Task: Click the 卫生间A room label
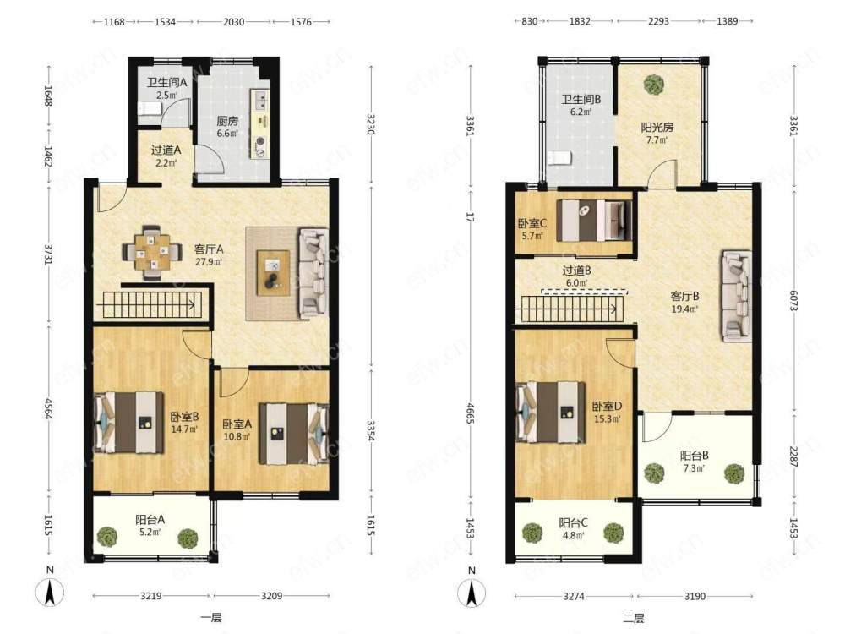(x=166, y=83)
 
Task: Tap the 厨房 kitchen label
(x=226, y=121)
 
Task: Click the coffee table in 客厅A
(x=273, y=273)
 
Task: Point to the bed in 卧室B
(x=128, y=422)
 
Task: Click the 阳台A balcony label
(x=150, y=520)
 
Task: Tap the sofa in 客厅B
(x=737, y=296)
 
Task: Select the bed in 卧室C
(x=594, y=220)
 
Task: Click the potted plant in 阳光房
(x=653, y=85)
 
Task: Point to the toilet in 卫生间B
(x=559, y=158)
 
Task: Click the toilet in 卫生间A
(x=150, y=109)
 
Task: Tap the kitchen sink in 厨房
(x=260, y=100)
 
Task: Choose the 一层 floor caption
(x=211, y=617)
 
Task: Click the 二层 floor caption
(x=634, y=618)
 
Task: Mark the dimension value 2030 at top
(x=233, y=22)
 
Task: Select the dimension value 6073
(x=793, y=300)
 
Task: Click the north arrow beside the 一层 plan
(x=50, y=593)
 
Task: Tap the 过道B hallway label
(x=576, y=271)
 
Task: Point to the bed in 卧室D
(x=551, y=413)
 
